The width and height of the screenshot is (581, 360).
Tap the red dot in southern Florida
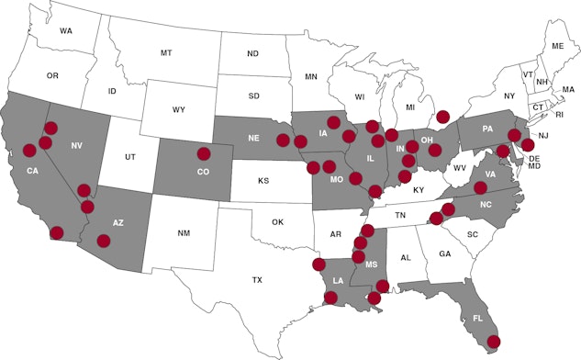tap(494, 342)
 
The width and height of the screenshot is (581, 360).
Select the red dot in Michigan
tap(443, 117)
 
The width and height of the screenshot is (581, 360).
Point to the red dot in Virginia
tap(480, 187)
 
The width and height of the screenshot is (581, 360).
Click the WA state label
tap(66, 31)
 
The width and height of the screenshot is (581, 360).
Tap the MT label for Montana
tap(166, 53)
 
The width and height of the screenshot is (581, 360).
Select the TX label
tap(258, 279)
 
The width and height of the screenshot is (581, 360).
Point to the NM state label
tap(184, 234)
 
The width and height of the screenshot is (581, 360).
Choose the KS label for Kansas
tap(263, 181)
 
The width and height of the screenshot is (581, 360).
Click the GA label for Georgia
tap(445, 253)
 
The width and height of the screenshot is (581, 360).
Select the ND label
tap(252, 54)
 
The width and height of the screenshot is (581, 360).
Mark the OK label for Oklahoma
tap(278, 221)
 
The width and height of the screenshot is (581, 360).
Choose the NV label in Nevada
tap(77, 146)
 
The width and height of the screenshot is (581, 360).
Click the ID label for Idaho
tap(112, 91)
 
